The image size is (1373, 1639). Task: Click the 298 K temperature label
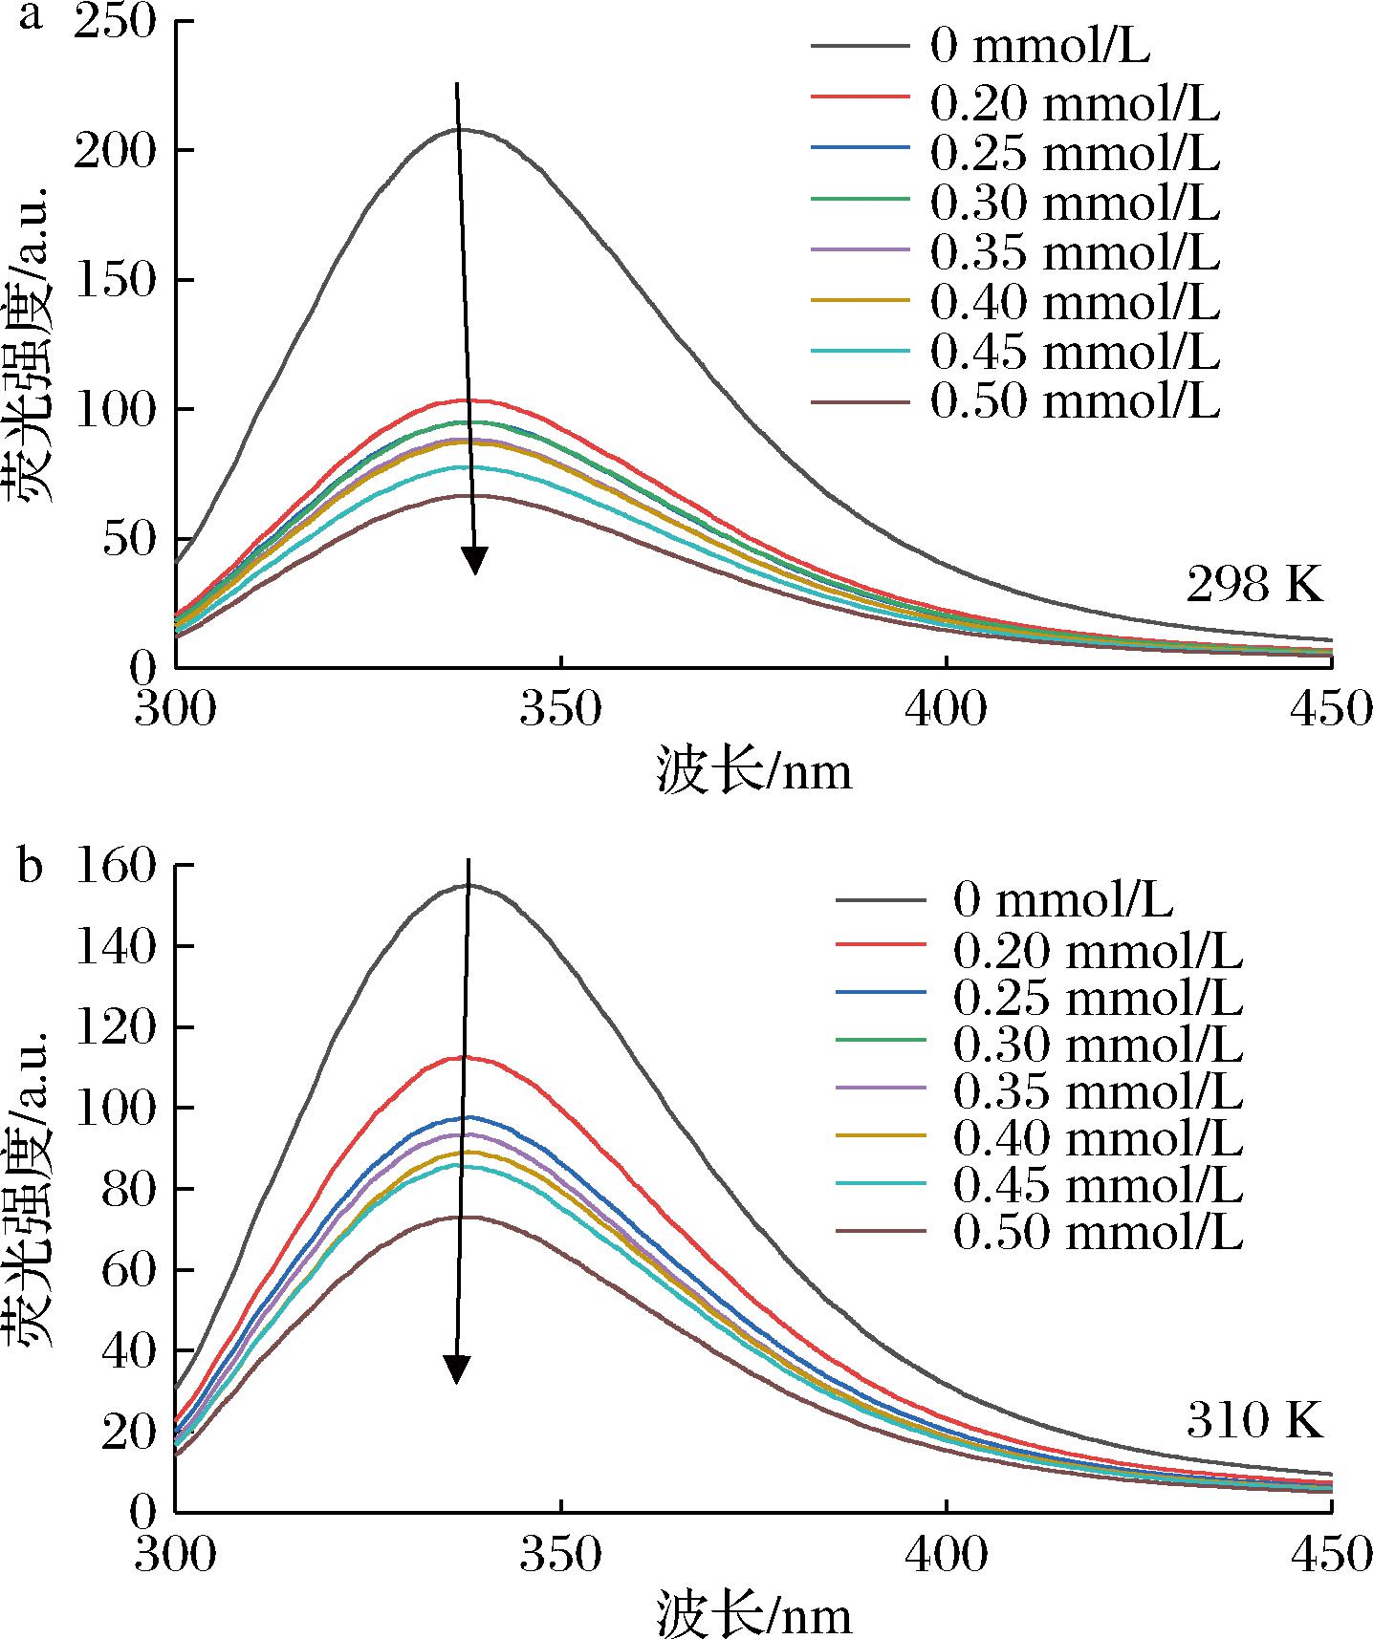coord(1253,584)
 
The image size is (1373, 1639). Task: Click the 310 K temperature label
coord(1253,1421)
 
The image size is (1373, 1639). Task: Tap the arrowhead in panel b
coord(458,1369)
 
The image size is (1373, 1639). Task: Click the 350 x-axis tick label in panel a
coord(560,711)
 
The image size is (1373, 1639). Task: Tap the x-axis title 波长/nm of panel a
coord(753,770)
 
